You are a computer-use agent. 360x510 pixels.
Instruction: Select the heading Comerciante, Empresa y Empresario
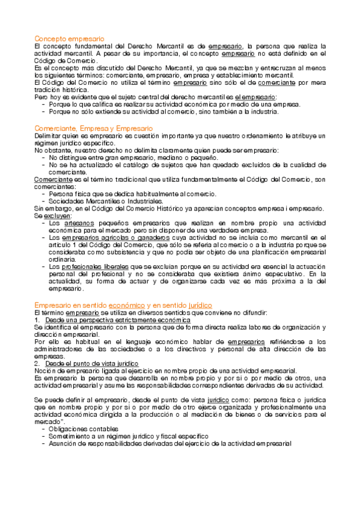click(93, 129)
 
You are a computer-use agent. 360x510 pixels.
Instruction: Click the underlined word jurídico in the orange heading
click(196, 306)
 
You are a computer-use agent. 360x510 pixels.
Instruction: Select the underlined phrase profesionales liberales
click(90, 265)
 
